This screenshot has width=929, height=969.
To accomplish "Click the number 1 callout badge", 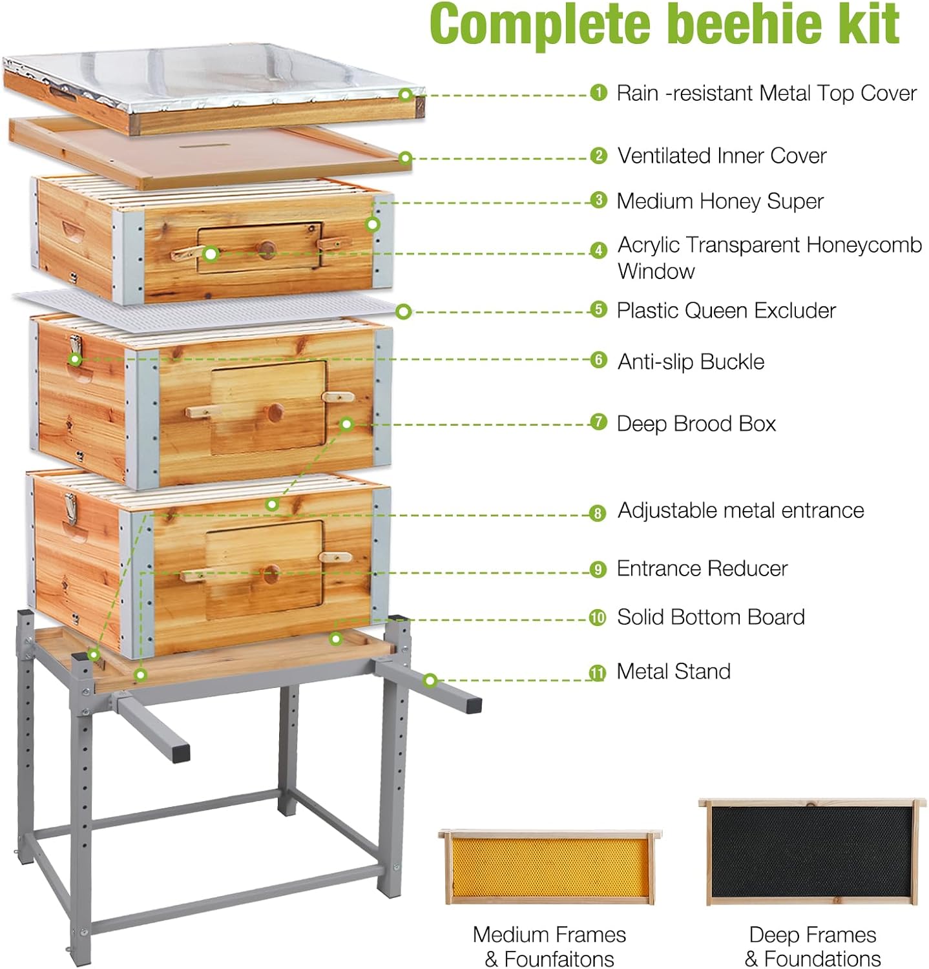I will pyautogui.click(x=599, y=93).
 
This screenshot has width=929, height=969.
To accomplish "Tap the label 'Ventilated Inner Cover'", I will pyautogui.click(x=722, y=156).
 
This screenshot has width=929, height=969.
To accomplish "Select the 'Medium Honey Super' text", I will pyautogui.click(x=720, y=202).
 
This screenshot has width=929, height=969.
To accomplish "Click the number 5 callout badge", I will pyautogui.click(x=599, y=310).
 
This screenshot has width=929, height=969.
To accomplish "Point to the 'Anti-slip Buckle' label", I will pyautogui.click(x=691, y=362).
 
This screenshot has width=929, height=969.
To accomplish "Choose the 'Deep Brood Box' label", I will pyautogui.click(x=696, y=424).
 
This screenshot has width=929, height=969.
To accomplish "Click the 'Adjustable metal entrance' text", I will pyautogui.click(x=740, y=510).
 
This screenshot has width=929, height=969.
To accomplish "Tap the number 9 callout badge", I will pyautogui.click(x=598, y=569).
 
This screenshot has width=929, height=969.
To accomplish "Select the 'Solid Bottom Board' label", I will pyautogui.click(x=711, y=617).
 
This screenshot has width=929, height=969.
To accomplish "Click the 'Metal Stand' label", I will pyautogui.click(x=673, y=672).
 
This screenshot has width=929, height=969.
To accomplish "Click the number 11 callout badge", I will pyautogui.click(x=598, y=673).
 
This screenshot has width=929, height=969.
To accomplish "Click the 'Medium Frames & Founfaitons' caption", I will pyautogui.click(x=549, y=946).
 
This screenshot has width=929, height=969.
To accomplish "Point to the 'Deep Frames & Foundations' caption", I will pyautogui.click(x=812, y=946).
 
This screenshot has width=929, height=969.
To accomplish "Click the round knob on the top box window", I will pyautogui.click(x=266, y=247).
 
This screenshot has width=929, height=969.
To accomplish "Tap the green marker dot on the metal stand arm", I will pyautogui.click(x=430, y=680).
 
